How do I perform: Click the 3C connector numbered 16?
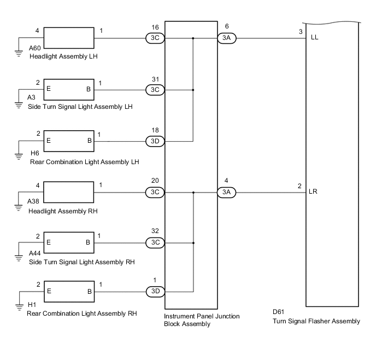[155, 38]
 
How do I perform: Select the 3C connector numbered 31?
[155, 90]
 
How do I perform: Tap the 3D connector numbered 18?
[155, 141]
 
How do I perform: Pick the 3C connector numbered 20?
[155, 192]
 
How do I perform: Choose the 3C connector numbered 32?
[155, 243]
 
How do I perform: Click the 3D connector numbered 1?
[155, 291]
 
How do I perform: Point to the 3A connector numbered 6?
[226, 38]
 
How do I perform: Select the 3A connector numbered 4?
[226, 192]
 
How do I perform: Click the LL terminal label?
[314, 38]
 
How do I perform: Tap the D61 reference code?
[279, 312]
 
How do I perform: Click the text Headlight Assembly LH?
[64, 56]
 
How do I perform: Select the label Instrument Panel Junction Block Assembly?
[202, 320]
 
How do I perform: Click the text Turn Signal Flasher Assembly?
[316, 321]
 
